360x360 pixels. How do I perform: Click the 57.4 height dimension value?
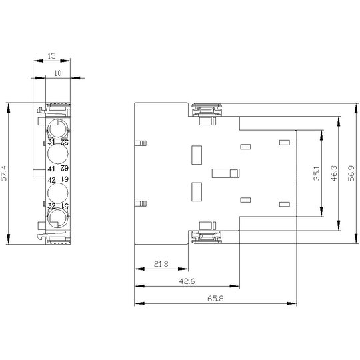5,173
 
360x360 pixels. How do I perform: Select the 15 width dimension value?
51,56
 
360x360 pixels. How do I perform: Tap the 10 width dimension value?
58,73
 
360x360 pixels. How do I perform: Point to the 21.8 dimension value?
161,264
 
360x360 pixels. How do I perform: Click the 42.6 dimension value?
187,281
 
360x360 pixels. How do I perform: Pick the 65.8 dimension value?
215,299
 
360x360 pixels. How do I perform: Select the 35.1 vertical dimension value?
317,173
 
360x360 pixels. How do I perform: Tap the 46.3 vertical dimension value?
334,173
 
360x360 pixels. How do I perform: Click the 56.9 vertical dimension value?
351,173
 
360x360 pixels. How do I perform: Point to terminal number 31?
51,142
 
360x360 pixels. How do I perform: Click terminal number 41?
51,169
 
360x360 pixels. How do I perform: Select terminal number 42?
51,180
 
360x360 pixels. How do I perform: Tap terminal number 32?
51,206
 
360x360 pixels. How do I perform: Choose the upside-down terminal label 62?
65,168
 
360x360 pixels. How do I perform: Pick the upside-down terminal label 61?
65,179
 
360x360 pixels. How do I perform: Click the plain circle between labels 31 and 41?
58,154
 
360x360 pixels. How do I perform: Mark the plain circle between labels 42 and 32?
58,193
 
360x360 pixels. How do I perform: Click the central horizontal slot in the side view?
226,173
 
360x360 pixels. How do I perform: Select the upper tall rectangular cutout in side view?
197,155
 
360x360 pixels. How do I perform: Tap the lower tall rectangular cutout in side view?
197,192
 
